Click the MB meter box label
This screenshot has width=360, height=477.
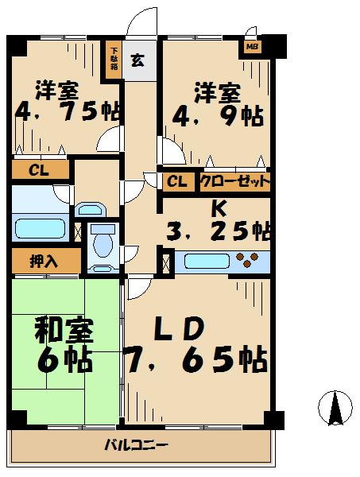point(252,47)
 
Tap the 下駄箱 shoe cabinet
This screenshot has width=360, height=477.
point(114,59)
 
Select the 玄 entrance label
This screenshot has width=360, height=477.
point(137,60)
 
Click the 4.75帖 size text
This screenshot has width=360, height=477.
point(68,112)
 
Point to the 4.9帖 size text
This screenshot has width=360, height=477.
point(218,117)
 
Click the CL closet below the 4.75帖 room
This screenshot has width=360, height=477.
point(39,170)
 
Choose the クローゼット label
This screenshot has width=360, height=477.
point(235,182)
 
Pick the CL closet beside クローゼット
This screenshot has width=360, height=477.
point(177,182)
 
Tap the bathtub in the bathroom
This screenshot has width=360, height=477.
point(41,228)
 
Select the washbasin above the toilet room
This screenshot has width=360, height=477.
point(90,210)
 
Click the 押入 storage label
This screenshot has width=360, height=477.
point(44,262)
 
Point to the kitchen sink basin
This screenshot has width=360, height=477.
point(207,262)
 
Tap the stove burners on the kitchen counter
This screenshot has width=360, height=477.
point(248,259)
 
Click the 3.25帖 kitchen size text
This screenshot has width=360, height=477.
point(219,232)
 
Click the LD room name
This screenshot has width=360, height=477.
point(179,329)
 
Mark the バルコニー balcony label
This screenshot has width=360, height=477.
point(136,445)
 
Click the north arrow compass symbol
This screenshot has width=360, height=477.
point(335,408)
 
